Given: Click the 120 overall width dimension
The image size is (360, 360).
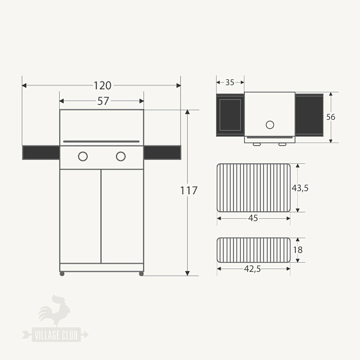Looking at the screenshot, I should (x=102, y=85).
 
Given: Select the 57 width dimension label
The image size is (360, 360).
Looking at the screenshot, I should (x=102, y=101).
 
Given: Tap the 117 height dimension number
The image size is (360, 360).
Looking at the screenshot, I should (x=188, y=191).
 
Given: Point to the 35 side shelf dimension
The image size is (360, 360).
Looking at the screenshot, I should (x=229, y=82).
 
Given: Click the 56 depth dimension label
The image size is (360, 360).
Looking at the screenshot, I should (x=331, y=117).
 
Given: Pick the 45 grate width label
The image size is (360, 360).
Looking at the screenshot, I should (x=253, y=218).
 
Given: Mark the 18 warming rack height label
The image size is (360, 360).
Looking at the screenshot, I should (x=298, y=250).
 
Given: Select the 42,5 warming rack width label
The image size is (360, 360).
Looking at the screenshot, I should (x=253, y=269).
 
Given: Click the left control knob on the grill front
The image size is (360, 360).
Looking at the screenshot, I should (x=83, y=156).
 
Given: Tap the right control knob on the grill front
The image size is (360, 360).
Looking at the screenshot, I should (x=120, y=156).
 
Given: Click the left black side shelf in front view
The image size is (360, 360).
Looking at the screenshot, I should (x=40, y=152).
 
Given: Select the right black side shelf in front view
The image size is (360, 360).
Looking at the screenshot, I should (x=162, y=152).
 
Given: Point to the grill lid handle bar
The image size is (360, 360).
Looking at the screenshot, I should (x=101, y=141).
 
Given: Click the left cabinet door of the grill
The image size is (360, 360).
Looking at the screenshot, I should (x=80, y=215).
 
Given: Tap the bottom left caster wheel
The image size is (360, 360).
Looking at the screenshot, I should (x=62, y=274).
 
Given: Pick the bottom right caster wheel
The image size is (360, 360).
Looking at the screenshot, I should (x=141, y=274).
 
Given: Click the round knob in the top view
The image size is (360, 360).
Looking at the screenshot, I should (x=269, y=124).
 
